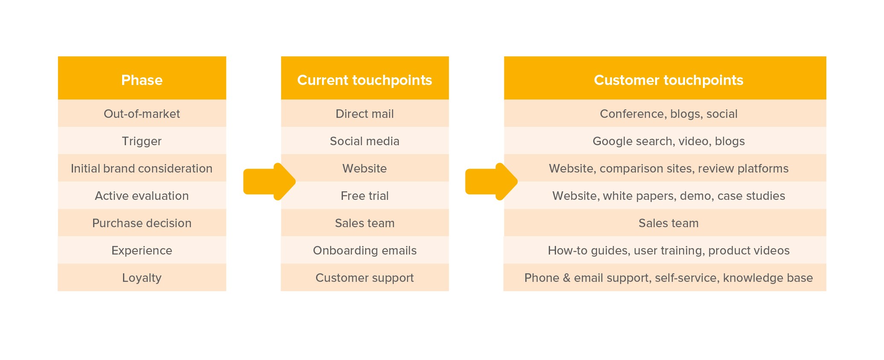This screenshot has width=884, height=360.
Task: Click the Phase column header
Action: pos(142,78)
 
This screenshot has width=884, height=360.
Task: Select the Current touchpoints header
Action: pos(365,78)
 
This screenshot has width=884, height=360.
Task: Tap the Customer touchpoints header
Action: pos(665,78)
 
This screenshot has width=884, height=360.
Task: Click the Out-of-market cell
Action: pos(142,114)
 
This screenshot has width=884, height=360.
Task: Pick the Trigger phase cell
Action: pos(142,141)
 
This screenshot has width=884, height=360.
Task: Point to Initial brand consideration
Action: pos(142,168)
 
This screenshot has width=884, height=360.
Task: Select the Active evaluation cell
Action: pos(142,196)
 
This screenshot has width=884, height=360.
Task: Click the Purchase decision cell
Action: pos(142,223)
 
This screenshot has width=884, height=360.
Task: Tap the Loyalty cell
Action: pos(142,278)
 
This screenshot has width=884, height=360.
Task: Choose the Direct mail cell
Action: pos(365,114)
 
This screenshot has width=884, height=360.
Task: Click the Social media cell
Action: pos(365,141)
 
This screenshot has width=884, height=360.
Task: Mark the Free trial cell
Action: pos(365,196)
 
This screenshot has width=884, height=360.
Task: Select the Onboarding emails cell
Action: pos(365,250)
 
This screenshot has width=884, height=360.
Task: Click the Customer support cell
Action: pos(365,278)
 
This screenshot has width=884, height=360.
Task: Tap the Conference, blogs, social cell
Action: pos(665,114)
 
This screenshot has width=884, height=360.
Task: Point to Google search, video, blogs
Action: pos(665,141)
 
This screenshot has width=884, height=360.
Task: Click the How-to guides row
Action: pos(665,250)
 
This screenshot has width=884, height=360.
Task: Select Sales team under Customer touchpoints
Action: pos(665,223)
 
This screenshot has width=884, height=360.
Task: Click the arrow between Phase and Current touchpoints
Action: pos(269,181)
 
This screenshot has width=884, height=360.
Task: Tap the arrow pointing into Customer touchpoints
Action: pos(491,181)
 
